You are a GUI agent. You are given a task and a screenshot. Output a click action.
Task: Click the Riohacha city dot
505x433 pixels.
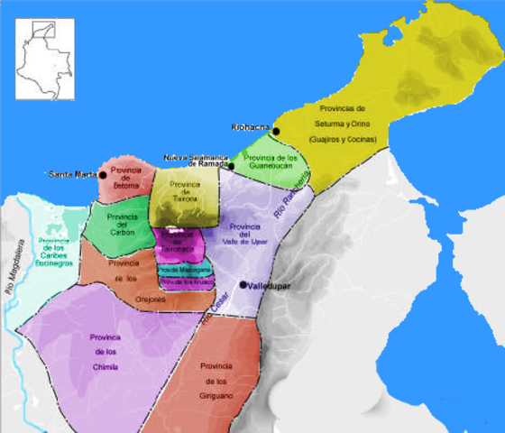[277, 132]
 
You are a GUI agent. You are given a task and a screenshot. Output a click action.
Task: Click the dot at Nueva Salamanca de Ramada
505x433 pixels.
[232, 166]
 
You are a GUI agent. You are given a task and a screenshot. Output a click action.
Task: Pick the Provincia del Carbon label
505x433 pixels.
[121, 225]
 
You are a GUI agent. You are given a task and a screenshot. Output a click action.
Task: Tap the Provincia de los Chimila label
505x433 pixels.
[107, 352]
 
